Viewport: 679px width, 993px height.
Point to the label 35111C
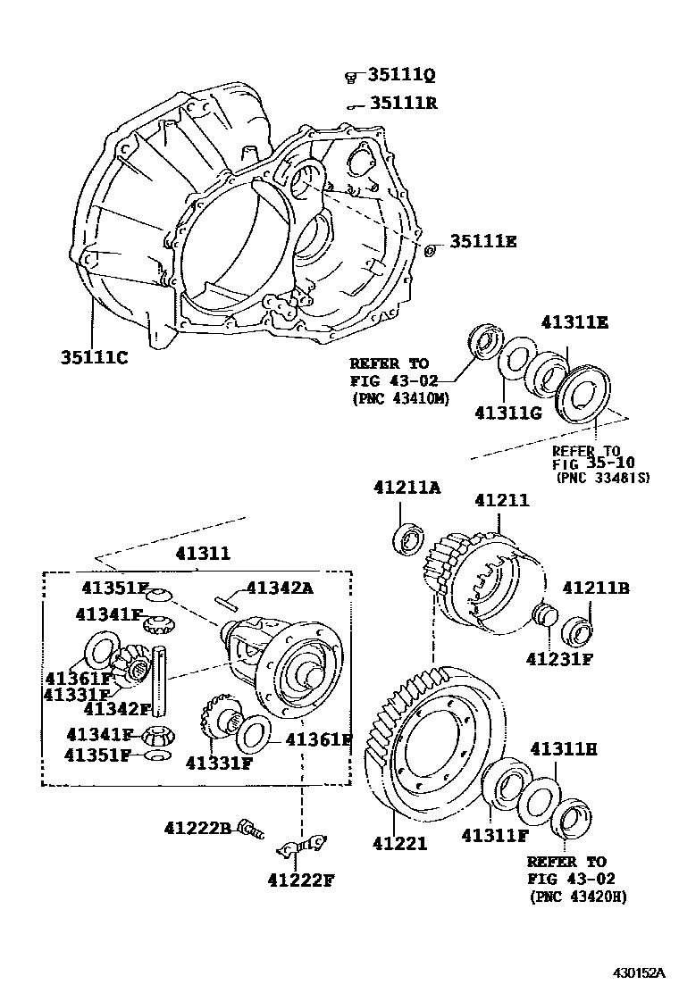click(x=94, y=357)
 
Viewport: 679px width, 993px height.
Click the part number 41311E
click(x=573, y=322)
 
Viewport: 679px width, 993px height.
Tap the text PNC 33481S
click(x=602, y=478)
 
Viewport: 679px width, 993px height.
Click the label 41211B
click(x=596, y=588)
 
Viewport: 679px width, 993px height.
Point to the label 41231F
click(x=559, y=659)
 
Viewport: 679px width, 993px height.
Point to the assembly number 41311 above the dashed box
click(x=202, y=554)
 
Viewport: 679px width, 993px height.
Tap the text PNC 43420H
click(x=577, y=896)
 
